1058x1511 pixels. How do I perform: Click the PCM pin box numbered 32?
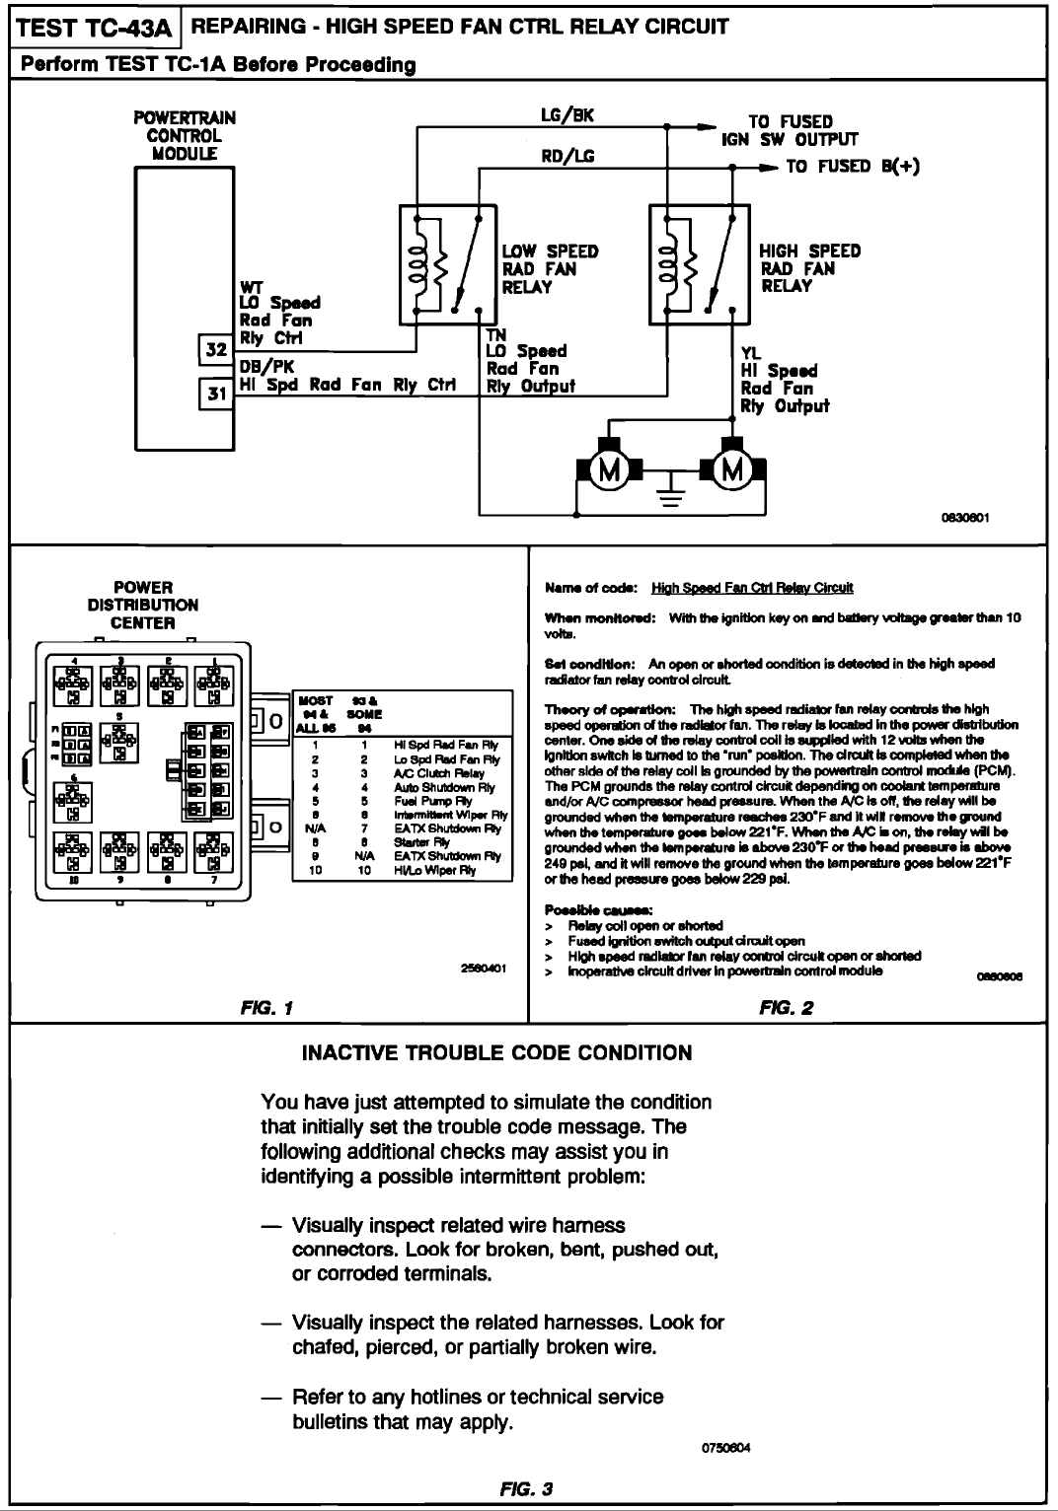point(216,350)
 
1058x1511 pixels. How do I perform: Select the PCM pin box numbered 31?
point(216,393)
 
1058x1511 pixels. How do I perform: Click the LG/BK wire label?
point(567,114)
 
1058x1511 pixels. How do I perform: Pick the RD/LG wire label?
point(567,156)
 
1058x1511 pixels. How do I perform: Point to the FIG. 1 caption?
point(268,1008)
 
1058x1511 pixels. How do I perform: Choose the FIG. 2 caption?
point(786,1008)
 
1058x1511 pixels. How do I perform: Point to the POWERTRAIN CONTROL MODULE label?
point(185,135)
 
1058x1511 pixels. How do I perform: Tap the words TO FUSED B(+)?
point(853,166)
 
